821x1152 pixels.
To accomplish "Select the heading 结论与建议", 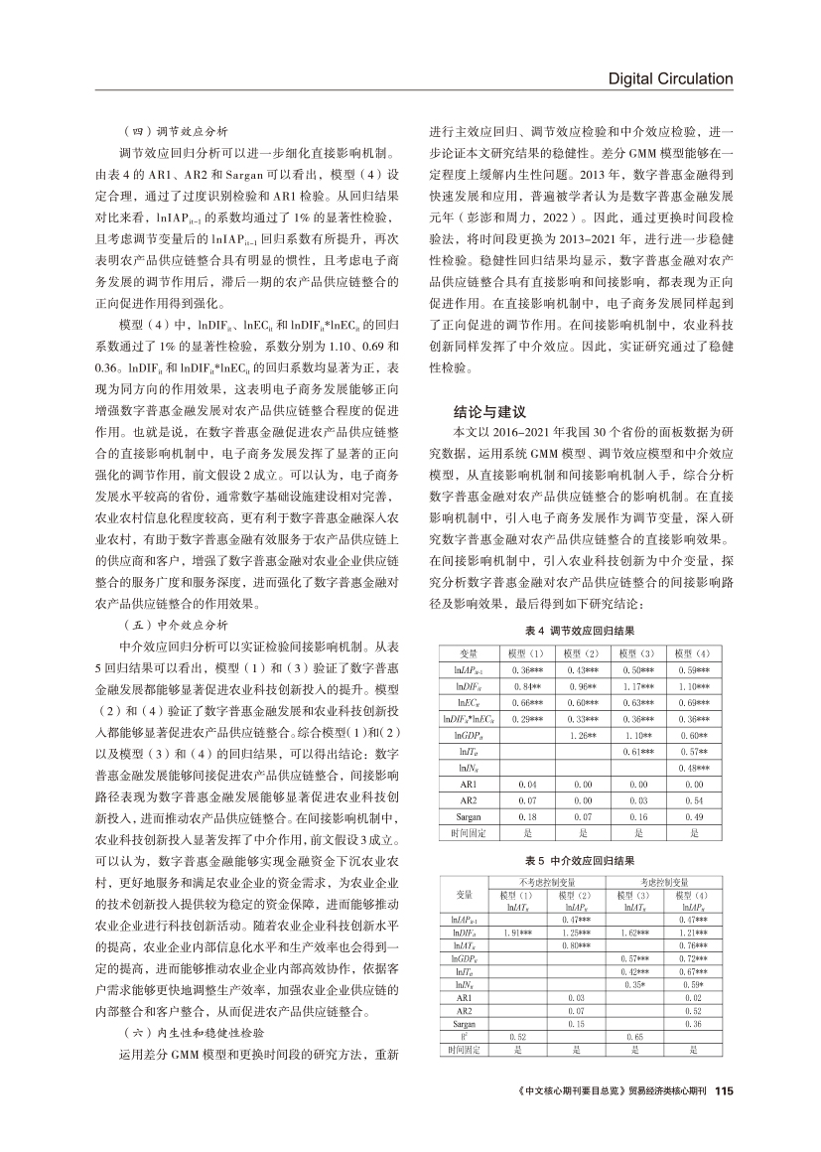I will [488, 409].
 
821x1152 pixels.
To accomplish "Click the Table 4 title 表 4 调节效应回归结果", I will [581, 632].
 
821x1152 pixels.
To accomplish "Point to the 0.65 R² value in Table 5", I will [635, 1036].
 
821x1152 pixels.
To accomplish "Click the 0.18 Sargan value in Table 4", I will [524, 816].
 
